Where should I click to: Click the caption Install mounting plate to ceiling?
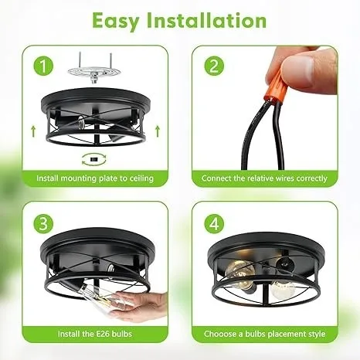(95, 178)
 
